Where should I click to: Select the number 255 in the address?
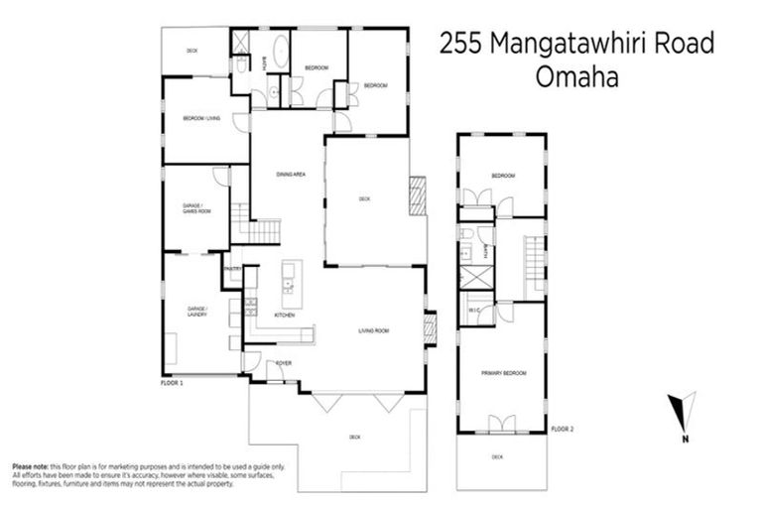pyautogui.click(x=465, y=45)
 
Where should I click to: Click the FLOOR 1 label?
pyautogui.click(x=172, y=381)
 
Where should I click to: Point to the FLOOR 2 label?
pyautogui.click(x=564, y=429)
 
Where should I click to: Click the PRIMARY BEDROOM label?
pyautogui.click(x=502, y=373)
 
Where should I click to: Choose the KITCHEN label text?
pyautogui.click(x=285, y=315)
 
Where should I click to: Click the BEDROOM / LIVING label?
pyautogui.click(x=200, y=119)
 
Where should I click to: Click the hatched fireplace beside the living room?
pyautogui.click(x=430, y=327)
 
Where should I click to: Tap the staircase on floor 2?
pyautogui.click(x=534, y=257)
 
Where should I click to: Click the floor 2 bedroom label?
pyautogui.click(x=503, y=176)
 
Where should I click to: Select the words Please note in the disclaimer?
pyautogui.click(x=31, y=466)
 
